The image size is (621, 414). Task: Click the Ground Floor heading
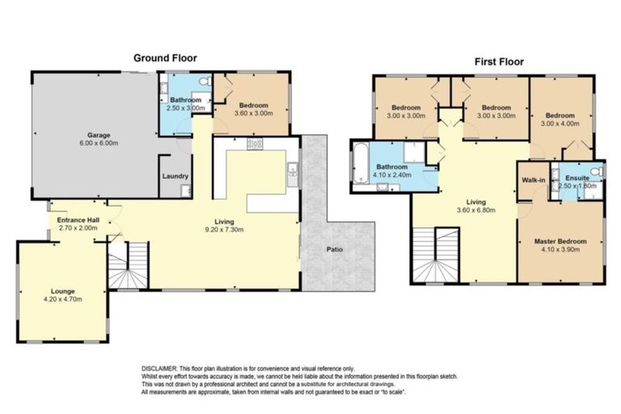(165, 57)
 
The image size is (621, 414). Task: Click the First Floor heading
(498, 61)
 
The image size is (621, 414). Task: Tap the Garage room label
(99, 135)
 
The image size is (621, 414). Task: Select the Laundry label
(175, 176)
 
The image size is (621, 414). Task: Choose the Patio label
(334, 249)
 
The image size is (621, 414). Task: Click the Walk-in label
(532, 180)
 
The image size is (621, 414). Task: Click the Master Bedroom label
(560, 241)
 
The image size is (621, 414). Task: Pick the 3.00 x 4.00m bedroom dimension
(560, 125)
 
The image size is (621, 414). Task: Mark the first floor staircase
(435, 255)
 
